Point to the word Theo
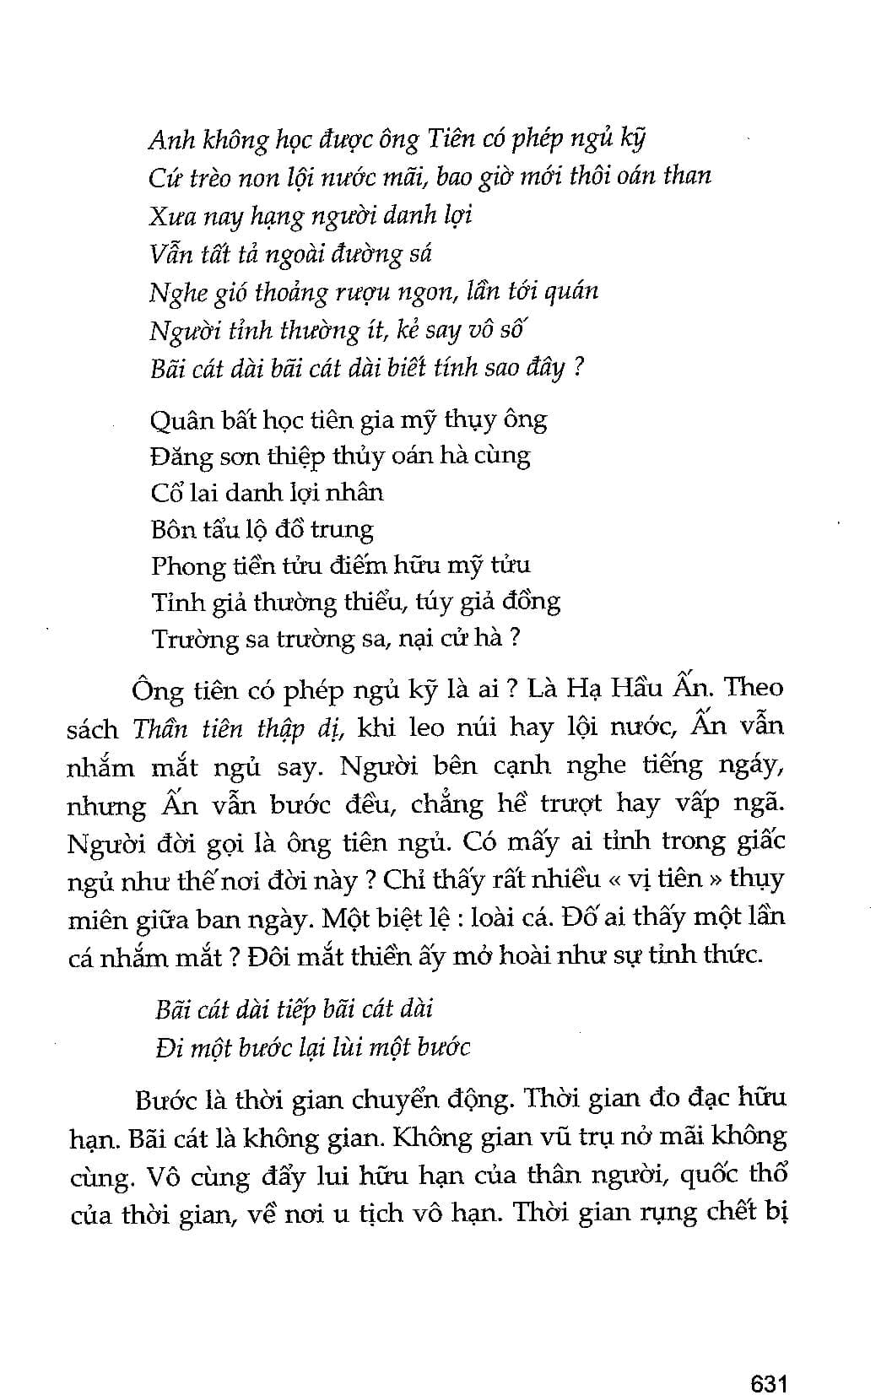point(754,688)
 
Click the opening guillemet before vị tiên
point(613,879)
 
